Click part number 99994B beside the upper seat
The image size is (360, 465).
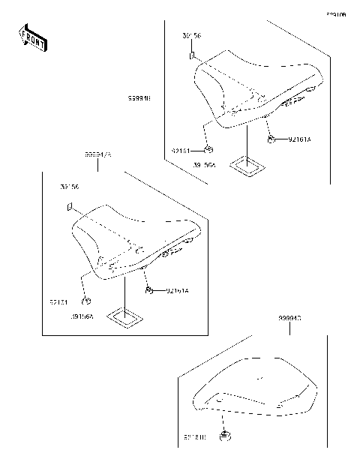coord(139,97)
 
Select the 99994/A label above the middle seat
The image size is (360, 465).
coord(97,154)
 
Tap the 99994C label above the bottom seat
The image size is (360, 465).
coord(289,318)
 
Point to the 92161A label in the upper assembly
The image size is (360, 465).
coord(298,140)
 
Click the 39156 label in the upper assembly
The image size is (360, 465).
coord(192,36)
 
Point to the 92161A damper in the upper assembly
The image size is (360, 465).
coord(273,139)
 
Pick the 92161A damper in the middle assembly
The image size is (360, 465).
coord(150,289)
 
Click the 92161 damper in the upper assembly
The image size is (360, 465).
coord(211,148)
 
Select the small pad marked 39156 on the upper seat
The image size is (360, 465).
coord(193,55)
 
